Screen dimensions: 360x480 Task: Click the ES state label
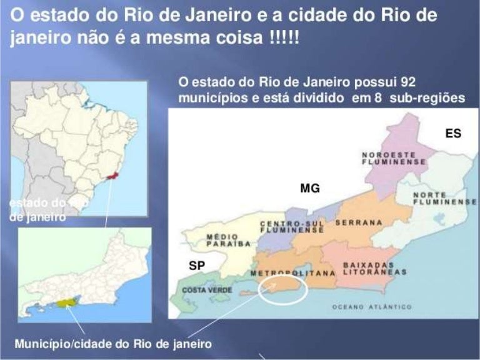453,133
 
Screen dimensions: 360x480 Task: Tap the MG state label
310,187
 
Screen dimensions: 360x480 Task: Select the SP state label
197,266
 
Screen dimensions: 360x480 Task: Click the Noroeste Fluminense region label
394,157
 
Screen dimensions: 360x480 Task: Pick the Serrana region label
359,222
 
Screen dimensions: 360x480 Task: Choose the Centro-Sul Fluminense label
291,227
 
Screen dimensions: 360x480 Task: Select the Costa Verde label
202,290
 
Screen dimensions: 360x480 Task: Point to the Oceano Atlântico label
372,307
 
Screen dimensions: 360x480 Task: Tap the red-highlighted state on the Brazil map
112,177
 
